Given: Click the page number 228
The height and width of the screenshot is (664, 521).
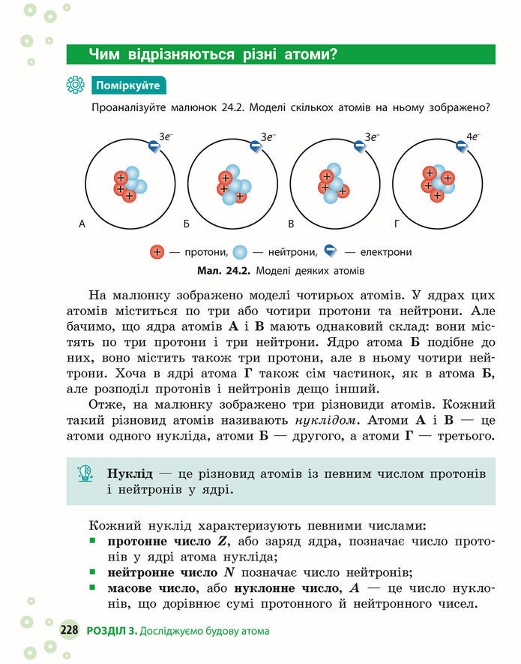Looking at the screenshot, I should tap(70, 631).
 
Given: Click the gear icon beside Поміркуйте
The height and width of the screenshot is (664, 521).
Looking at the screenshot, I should tap(75, 85).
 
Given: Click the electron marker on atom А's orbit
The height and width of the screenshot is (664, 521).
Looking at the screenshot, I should tap(153, 149).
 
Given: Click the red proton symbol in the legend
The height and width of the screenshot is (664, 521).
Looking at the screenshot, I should tap(157, 252).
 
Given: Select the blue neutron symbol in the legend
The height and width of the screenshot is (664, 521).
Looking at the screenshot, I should tap(240, 252).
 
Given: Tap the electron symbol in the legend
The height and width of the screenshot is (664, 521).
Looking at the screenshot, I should tap(331, 251).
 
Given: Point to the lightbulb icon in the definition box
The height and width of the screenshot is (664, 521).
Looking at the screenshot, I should tap(85, 473).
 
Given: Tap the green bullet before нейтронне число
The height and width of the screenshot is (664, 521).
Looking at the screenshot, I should tap(92, 572).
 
